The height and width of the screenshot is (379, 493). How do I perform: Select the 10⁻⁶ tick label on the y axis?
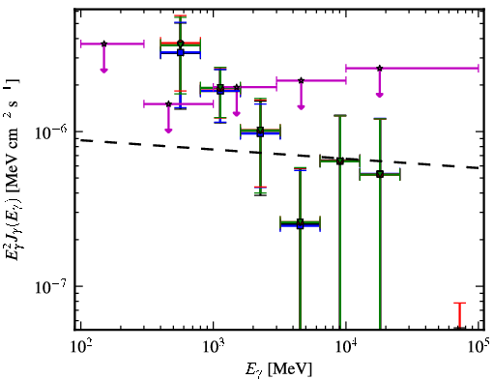coord(51,131)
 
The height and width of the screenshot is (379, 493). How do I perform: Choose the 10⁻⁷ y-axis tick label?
coord(51,286)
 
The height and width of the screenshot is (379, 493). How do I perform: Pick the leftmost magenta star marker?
coord(103,44)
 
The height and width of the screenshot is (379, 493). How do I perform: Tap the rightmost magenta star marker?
coord(380,69)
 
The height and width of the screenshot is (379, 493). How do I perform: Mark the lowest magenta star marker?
coord(168,103)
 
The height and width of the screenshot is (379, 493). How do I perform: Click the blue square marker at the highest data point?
coord(181,52)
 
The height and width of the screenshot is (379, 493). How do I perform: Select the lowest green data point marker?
coord(301,222)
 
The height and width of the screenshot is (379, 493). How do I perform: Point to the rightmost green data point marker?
coord(380,175)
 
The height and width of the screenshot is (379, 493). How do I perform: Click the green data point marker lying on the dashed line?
coord(340,160)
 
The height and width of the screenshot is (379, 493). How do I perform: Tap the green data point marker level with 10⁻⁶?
coord(260,131)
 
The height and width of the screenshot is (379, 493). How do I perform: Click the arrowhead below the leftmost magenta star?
coord(103,71)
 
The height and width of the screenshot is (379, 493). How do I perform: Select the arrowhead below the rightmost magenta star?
coord(380,95)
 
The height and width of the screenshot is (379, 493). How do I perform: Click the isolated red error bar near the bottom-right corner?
coord(460,316)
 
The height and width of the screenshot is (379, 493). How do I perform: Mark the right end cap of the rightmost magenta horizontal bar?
coord(478,69)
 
